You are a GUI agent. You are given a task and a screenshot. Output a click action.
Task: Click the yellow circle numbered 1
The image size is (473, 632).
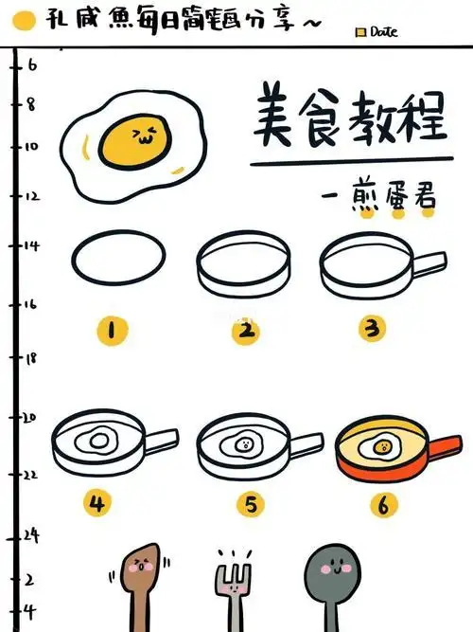point(112,330)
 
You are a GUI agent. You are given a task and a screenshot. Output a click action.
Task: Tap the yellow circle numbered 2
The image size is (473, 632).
point(246,330)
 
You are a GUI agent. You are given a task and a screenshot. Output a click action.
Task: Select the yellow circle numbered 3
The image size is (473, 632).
point(372,329)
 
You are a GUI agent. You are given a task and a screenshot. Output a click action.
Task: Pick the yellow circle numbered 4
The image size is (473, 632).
point(96,501)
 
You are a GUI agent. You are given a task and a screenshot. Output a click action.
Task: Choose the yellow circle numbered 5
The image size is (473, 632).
point(249,503)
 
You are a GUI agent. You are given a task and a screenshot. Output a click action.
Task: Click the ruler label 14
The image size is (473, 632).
point(30,246)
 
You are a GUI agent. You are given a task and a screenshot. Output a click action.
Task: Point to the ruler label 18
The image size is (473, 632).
point(30,358)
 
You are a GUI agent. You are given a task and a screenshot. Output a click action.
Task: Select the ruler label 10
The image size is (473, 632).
point(30,146)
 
